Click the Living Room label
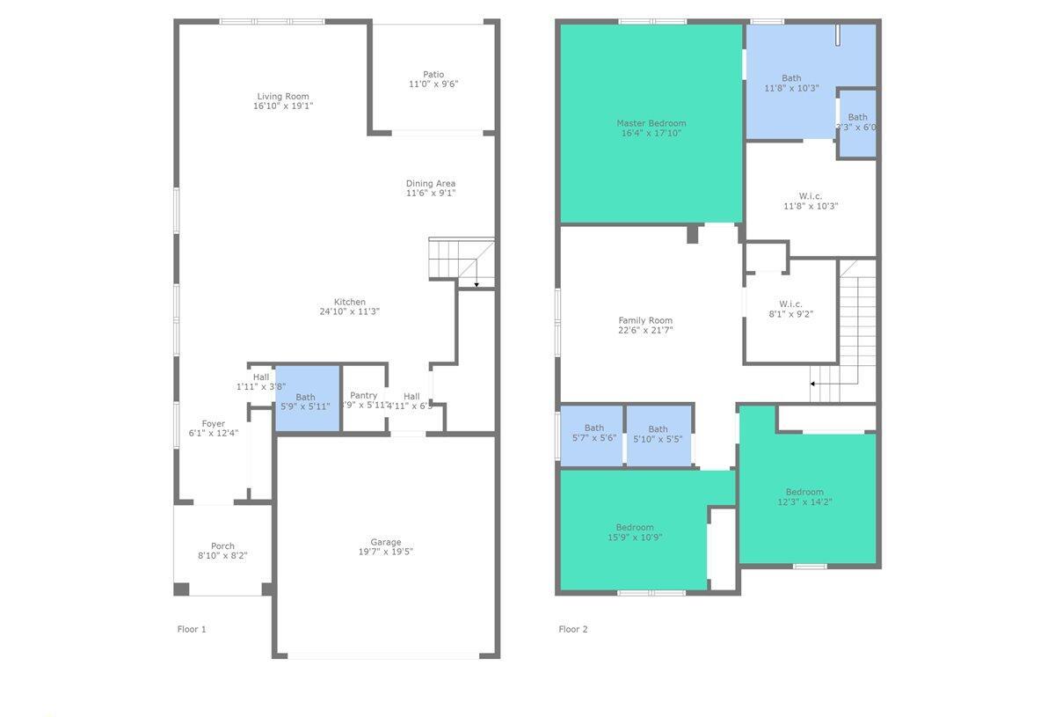click(283, 97)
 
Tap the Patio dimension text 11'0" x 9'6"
click(433, 84)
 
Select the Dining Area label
click(431, 183)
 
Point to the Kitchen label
click(349, 302)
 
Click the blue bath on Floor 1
click(307, 399)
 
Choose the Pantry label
click(363, 396)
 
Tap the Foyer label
click(213, 423)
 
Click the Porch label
click(222, 545)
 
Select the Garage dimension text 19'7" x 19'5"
click(385, 552)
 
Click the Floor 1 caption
click(192, 629)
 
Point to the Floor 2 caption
click(573, 629)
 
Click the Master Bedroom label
click(651, 123)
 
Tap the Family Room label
click(645, 320)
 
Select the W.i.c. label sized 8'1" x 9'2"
click(790, 304)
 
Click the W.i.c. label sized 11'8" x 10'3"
click(811, 196)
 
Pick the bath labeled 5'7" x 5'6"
click(593, 432)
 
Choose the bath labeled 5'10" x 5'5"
click(658, 434)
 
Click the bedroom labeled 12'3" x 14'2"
click(804, 496)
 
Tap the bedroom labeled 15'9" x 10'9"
click(634, 531)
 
